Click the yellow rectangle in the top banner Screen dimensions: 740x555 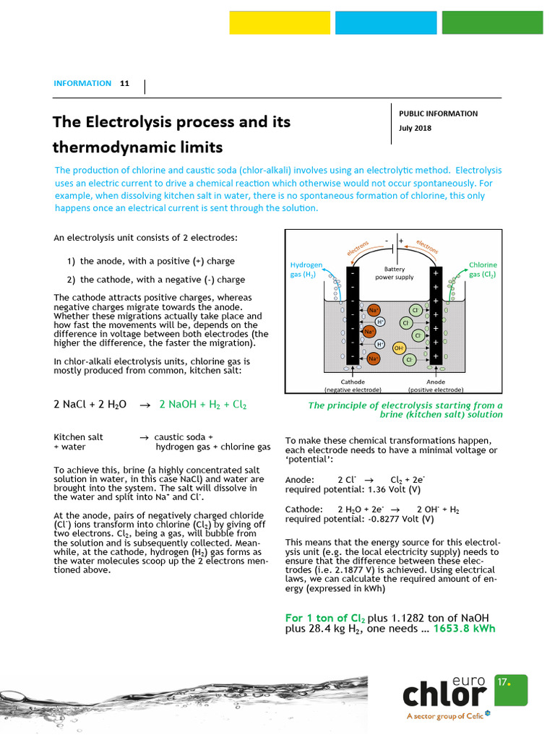coord(280,22)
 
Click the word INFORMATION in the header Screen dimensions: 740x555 coord(82,83)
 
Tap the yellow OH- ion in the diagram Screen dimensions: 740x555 coord(398,348)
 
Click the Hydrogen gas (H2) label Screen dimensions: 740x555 coord(306,270)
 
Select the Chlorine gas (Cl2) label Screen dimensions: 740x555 coord(483,270)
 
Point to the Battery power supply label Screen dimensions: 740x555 coord(394,272)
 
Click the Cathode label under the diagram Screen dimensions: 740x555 coord(353,382)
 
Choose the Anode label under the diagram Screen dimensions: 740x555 coord(436,382)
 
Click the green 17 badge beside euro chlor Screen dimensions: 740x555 coord(511,690)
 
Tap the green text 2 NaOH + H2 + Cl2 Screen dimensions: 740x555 coord(203,405)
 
